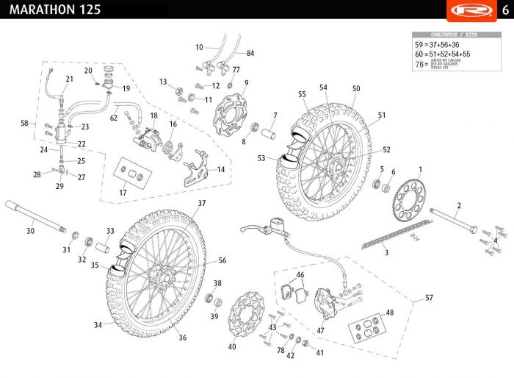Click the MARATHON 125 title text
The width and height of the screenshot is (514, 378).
click(x=51, y=10)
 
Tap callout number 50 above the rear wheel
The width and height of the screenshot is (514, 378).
click(x=356, y=88)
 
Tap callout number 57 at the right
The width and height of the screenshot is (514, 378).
click(x=429, y=299)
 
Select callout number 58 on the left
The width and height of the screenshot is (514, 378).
click(x=24, y=123)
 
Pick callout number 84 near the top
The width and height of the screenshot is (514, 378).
click(x=250, y=54)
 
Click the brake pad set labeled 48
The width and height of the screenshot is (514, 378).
click(x=367, y=328)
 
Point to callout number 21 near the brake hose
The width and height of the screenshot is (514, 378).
click(x=70, y=79)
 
